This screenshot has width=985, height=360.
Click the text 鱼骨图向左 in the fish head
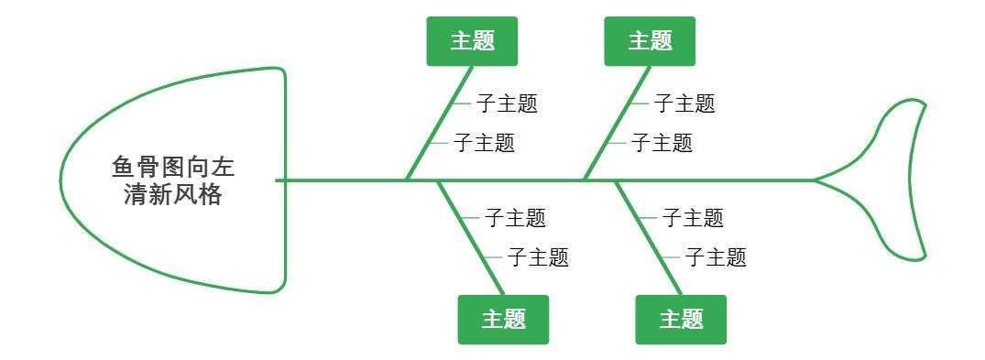coord(173,169)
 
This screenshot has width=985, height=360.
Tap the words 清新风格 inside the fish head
coord(173,194)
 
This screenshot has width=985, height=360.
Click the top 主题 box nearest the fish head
coord(472,41)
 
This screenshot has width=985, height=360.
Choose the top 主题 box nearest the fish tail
coord(650,41)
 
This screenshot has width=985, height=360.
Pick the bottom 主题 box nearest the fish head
coord(503,320)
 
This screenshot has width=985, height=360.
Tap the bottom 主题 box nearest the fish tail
coord(681,320)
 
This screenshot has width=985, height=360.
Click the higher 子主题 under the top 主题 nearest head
coord(507,104)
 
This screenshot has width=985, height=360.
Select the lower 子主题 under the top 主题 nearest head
coord(485,143)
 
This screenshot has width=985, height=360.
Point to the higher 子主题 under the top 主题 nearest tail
coord(684,104)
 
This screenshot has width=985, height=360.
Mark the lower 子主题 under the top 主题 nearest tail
coord(662,143)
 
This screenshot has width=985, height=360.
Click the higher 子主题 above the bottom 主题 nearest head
coord(515,218)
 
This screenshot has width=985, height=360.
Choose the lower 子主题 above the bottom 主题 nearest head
coord(538,257)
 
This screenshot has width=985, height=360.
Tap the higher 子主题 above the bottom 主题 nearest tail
coord(693,218)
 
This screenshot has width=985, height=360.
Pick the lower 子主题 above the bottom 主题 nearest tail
coord(716,257)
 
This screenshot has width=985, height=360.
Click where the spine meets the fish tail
coord(815,180)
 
